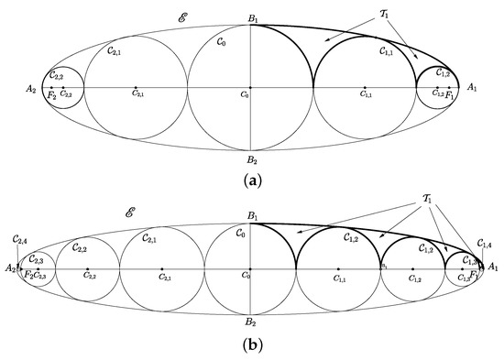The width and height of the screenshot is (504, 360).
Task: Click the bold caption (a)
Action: [x=251, y=180]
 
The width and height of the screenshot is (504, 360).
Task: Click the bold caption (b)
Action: [x=251, y=349]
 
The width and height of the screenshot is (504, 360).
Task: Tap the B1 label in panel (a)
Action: [x=250, y=17]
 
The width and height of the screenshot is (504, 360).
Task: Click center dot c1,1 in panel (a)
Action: [x=366, y=88]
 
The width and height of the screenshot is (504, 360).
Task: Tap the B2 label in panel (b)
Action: [x=250, y=322]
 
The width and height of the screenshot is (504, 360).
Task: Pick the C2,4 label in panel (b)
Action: [x=19, y=240]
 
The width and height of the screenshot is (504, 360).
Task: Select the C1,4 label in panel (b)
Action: [x=486, y=244]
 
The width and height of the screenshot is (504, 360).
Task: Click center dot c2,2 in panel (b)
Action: [x=87, y=268]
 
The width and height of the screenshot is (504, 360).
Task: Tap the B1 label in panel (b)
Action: [x=250, y=215]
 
